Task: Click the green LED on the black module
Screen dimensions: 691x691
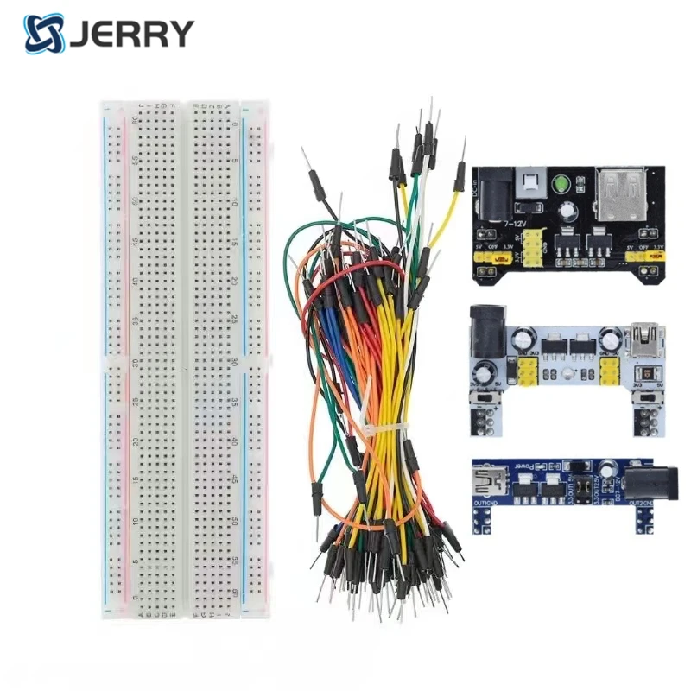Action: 561,183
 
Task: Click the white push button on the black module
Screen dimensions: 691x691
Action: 526,183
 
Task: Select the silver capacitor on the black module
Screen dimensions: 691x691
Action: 569,211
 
